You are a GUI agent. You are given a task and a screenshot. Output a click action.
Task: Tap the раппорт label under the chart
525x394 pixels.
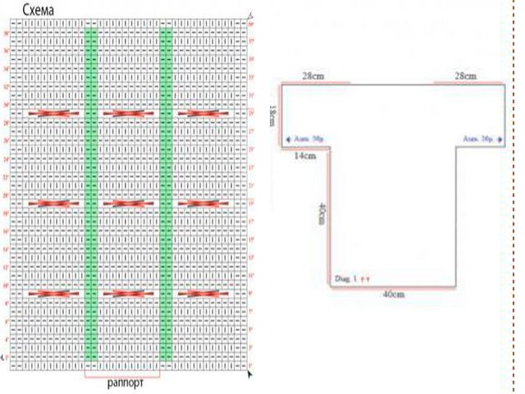pos(126,383)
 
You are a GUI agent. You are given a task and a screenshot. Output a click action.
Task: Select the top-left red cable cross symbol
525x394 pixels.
pos(53,113)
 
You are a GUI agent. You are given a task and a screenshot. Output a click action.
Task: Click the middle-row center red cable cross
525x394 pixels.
pos(128,203)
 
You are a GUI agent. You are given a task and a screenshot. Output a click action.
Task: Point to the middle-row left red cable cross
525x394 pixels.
pos(53,203)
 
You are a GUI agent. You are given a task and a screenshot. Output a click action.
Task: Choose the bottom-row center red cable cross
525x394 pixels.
pos(128,293)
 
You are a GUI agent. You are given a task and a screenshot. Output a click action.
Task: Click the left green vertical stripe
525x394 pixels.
pos(90,195)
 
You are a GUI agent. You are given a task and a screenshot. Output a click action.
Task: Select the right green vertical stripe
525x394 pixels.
pos(167,195)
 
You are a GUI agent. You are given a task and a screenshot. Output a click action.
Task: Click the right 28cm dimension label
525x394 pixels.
pos(468,76)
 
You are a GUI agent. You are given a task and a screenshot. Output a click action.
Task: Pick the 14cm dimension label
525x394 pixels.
pos(305,155)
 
